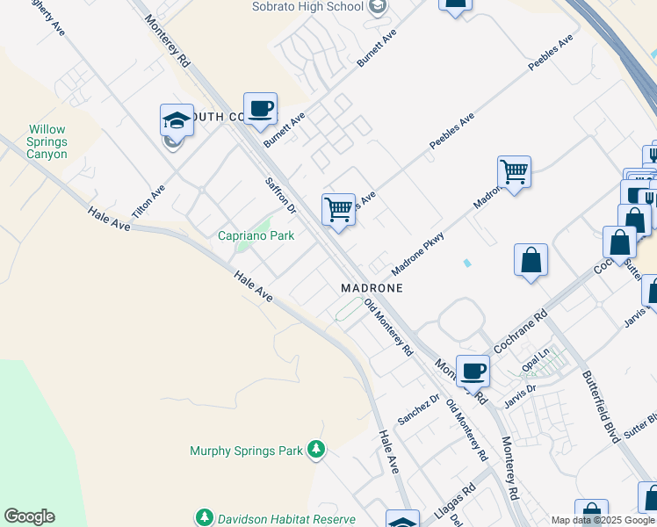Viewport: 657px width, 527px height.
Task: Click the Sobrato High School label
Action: click(307, 7)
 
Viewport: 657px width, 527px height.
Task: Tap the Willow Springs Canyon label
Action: click(47, 141)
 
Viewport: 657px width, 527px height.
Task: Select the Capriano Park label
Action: click(256, 235)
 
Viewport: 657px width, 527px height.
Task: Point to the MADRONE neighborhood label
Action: click(372, 288)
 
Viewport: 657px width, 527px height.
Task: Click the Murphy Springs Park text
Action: click(246, 451)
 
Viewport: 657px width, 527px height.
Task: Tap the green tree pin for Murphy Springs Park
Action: click(315, 451)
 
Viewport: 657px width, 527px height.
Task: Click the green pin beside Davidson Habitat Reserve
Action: click(205, 517)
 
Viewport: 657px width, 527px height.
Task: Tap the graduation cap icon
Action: click(177, 121)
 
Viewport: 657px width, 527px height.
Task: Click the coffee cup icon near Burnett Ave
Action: click(260, 109)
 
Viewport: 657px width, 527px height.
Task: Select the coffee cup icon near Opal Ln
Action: click(473, 371)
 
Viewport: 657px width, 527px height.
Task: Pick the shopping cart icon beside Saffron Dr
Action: click(338, 210)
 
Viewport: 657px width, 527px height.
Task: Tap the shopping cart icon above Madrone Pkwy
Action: click(514, 171)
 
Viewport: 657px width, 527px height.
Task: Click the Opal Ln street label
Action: click(536, 358)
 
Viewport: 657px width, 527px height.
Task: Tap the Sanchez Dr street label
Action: click(417, 406)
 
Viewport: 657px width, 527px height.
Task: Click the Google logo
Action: click(29, 516)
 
